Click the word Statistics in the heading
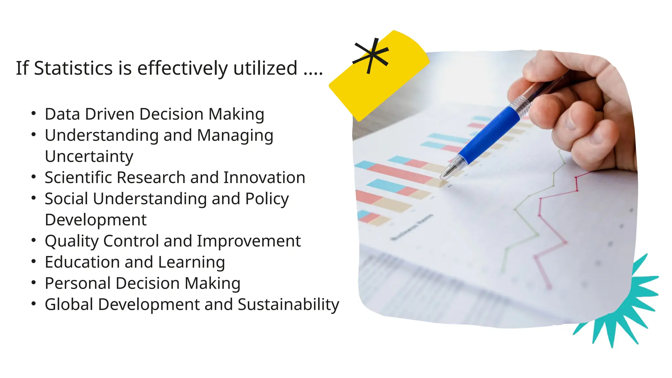coord(73,68)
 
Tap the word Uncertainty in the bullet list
coord(89,156)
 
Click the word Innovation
coord(264,178)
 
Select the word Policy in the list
coord(267,199)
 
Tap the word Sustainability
coord(288,304)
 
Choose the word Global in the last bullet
coord(69,304)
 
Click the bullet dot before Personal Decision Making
coord(33,283)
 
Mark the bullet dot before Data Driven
coord(33,114)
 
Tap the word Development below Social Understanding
coord(95,220)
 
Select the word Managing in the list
coord(235,136)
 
